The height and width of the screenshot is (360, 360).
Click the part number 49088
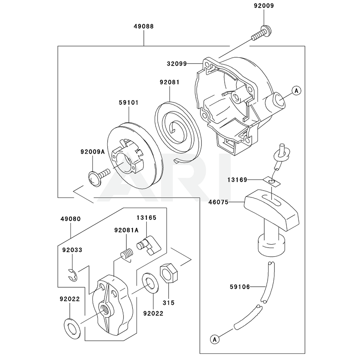(144, 26)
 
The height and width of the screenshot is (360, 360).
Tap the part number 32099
(176, 64)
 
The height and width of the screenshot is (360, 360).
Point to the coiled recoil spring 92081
(176, 126)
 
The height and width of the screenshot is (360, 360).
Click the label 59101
(129, 103)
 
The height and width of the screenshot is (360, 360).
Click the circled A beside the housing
(296, 91)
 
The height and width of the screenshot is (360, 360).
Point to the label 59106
(239, 287)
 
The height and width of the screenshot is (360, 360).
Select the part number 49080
(70, 219)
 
